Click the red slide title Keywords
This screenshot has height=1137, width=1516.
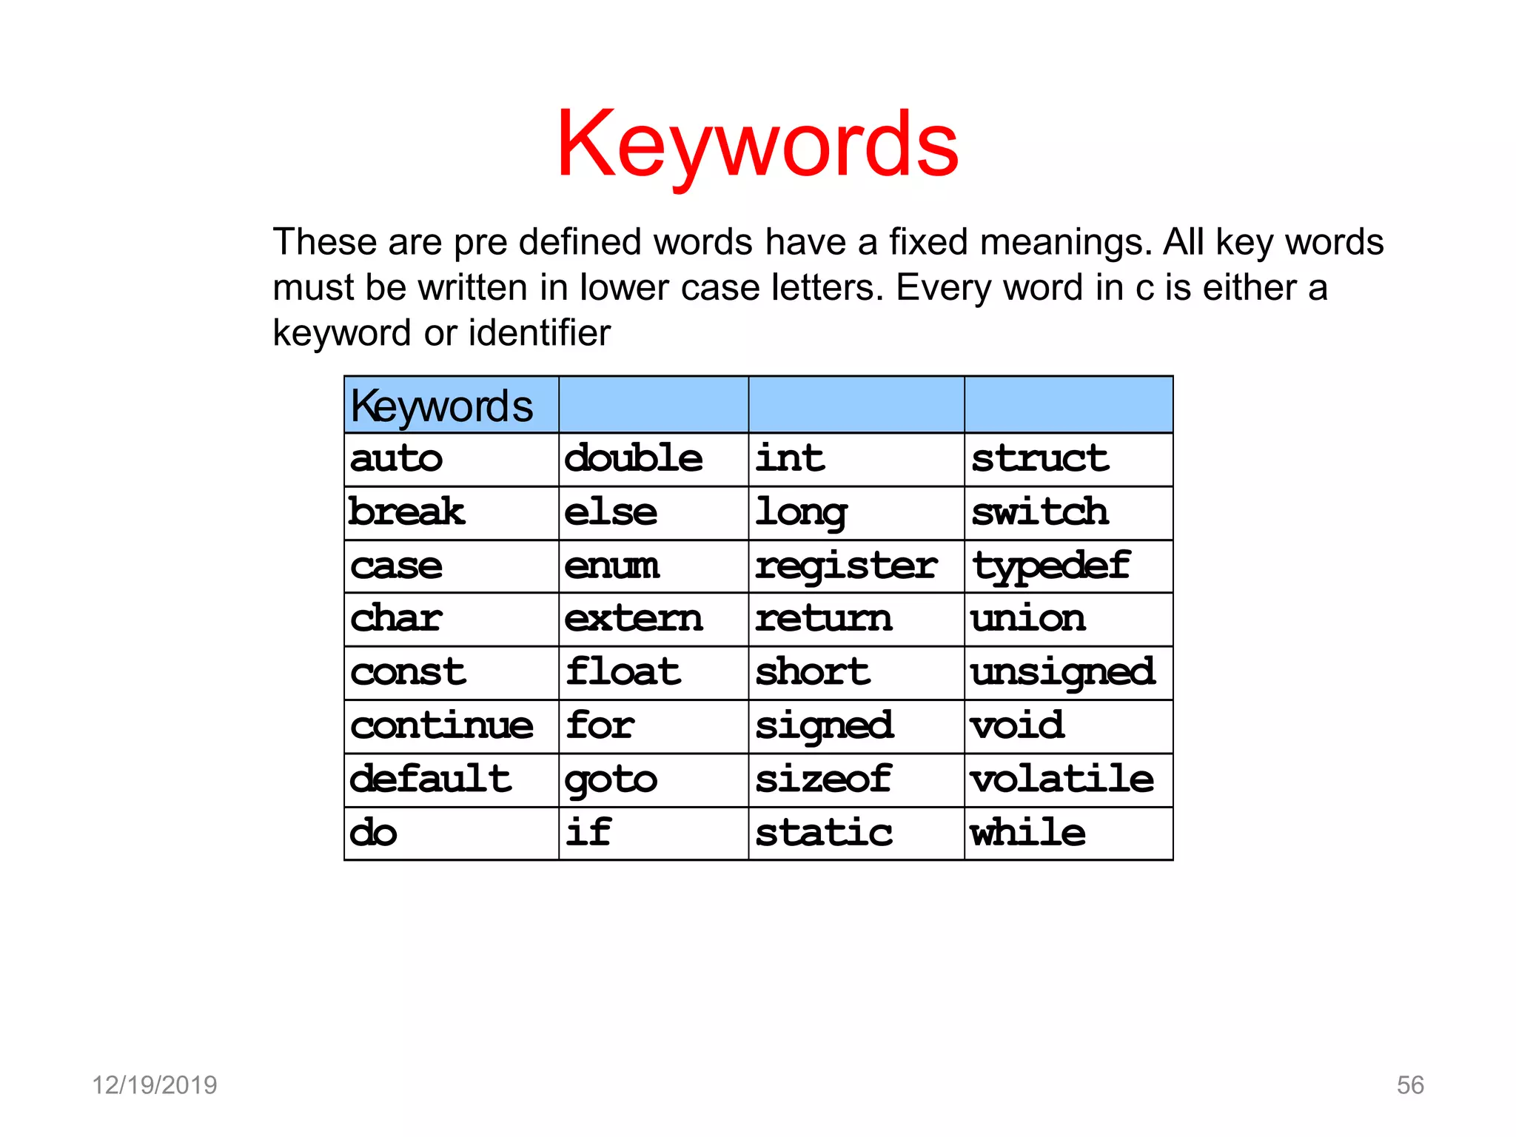click(x=757, y=144)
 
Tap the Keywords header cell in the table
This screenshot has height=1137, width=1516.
click(x=442, y=406)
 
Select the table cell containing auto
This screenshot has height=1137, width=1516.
click(x=397, y=459)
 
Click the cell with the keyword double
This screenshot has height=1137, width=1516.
click(x=634, y=459)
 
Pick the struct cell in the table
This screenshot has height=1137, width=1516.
click(x=1040, y=459)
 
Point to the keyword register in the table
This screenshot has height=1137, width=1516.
click(x=846, y=566)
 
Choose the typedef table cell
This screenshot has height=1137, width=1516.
click(x=1050, y=566)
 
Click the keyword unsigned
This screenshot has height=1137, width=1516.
click(x=1063, y=673)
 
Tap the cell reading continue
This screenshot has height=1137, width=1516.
click(x=442, y=726)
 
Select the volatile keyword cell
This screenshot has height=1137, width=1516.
click(x=1062, y=779)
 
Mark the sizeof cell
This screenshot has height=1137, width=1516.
click(x=823, y=779)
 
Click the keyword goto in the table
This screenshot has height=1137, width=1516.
click(x=611, y=780)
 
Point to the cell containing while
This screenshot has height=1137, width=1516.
click(x=1028, y=834)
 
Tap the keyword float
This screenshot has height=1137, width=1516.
click(x=623, y=673)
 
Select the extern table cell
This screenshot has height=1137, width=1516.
click(x=634, y=619)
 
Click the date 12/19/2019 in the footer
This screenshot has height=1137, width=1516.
click(x=154, y=1085)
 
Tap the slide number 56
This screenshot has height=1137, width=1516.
click(x=1409, y=1085)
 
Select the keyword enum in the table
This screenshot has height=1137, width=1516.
click(x=611, y=566)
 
